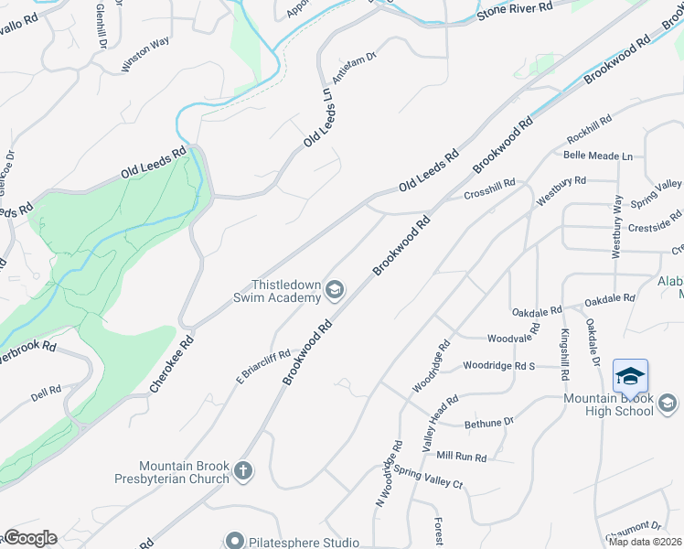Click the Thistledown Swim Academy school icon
(335, 291)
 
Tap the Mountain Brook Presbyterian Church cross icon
(242, 470)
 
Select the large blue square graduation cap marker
(630, 377)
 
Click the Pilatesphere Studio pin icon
(235, 542)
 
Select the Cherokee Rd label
(172, 364)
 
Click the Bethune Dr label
(489, 423)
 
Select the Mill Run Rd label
(461, 456)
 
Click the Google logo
(30, 538)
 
